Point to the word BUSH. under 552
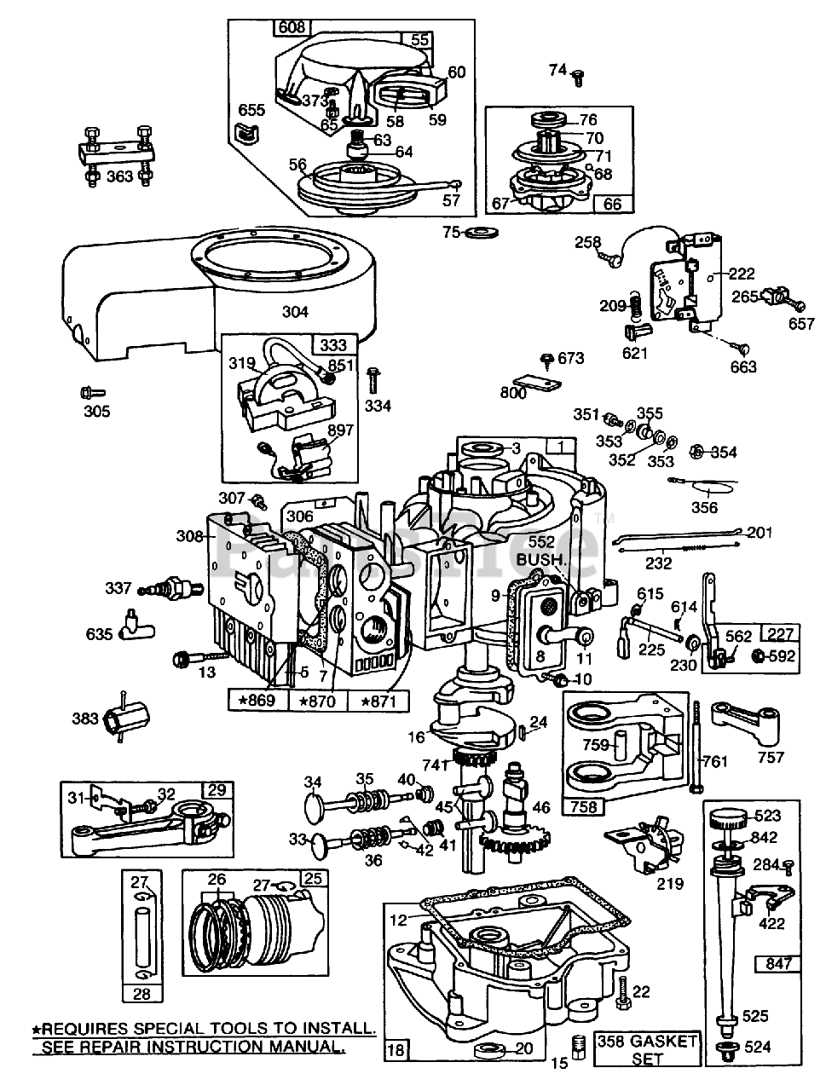pyautogui.click(x=540, y=559)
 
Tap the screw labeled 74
pyautogui.click(x=577, y=78)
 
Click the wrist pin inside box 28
pyautogui.click(x=141, y=935)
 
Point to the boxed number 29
pyautogui.click(x=216, y=790)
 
